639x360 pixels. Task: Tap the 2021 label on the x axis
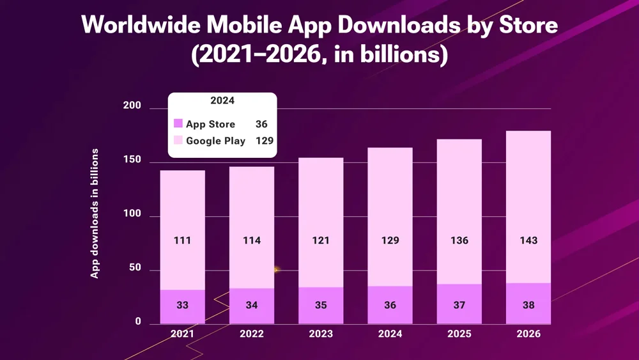coord(182,334)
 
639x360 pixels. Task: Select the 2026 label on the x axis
coord(528,334)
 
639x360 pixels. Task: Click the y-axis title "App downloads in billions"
coord(95,213)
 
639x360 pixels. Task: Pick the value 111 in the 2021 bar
coord(182,241)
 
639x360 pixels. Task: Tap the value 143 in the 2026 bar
coord(528,241)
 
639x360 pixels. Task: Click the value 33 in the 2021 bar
coord(182,306)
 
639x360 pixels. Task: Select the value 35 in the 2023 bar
coord(321,306)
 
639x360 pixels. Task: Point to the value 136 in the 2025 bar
coord(459,241)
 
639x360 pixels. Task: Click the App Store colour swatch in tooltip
coord(178,124)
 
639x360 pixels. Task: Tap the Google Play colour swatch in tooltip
coord(178,141)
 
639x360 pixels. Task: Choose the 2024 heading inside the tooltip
coord(222,101)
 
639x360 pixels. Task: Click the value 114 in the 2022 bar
coord(252,241)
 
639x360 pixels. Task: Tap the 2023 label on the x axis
coord(321,334)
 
